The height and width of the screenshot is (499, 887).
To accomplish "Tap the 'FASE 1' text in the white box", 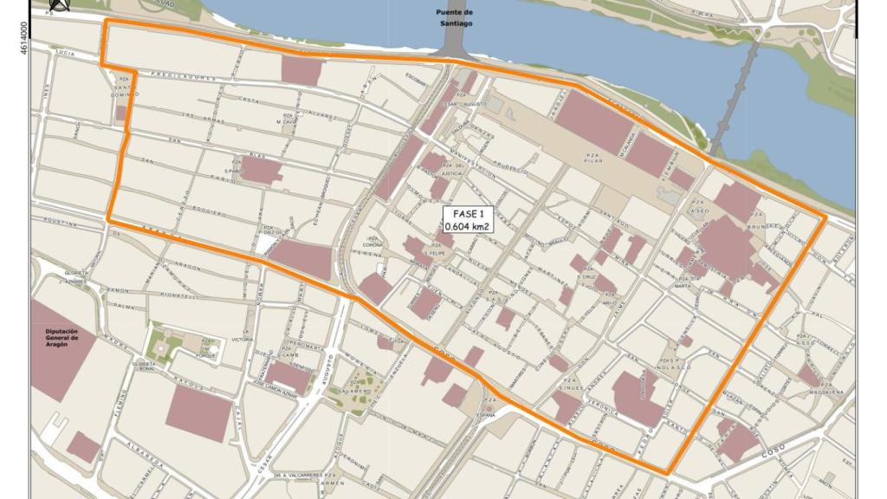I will (467, 214).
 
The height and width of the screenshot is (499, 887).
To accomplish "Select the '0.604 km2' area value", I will (467, 227).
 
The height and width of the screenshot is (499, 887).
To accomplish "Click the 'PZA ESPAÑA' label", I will (490, 408).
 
